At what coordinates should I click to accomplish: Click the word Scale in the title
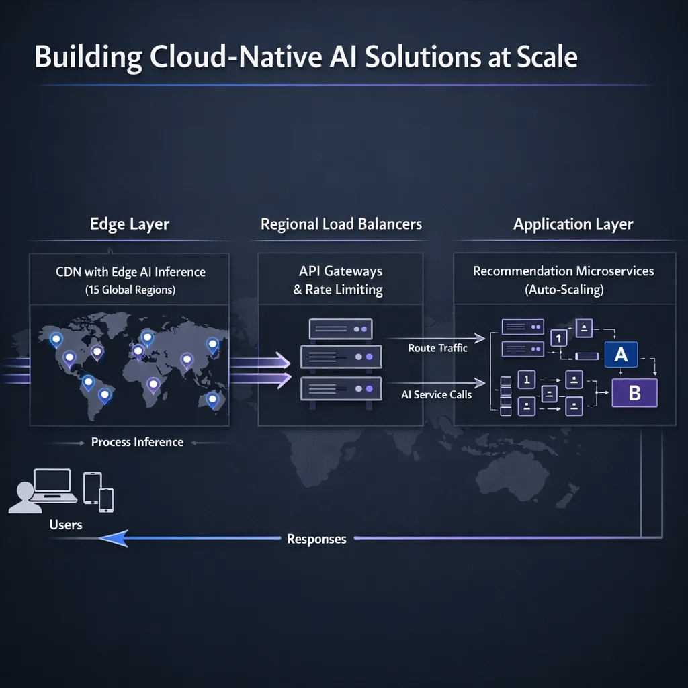tap(548, 57)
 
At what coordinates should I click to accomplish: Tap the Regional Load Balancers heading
tap(341, 224)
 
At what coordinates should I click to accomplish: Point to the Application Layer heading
tap(572, 224)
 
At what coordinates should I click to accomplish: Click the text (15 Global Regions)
tap(130, 290)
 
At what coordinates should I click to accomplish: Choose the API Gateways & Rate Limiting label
tap(341, 281)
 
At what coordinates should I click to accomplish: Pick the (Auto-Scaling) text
tap(563, 290)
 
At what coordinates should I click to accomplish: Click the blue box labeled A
tap(621, 354)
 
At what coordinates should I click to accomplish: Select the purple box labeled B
tap(634, 393)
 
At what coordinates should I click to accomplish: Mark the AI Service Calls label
tap(436, 394)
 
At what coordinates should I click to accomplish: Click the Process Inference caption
tap(137, 442)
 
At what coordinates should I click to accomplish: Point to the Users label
tap(66, 524)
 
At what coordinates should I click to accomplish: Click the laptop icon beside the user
tap(52, 485)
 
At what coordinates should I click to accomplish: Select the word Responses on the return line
tap(316, 539)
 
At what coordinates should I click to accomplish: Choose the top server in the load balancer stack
tap(341, 329)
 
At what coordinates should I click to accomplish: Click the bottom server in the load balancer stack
tap(341, 389)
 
